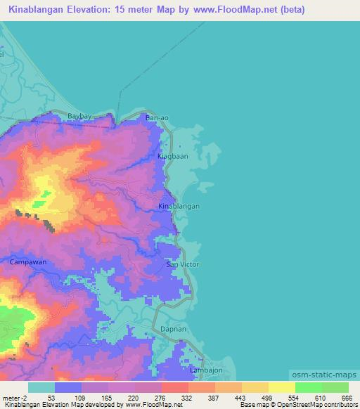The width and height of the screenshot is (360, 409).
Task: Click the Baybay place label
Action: coord(80,115)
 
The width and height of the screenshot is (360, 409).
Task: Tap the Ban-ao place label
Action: coord(157,119)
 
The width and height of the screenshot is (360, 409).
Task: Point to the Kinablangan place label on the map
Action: coord(179,207)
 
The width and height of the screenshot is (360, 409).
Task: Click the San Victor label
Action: coord(183,265)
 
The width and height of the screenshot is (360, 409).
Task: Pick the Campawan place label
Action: coord(28,261)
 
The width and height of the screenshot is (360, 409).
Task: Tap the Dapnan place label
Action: coord(173,328)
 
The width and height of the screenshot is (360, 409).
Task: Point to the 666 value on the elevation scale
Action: coord(346,397)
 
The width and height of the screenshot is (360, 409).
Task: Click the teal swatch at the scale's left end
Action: coord(41,387)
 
